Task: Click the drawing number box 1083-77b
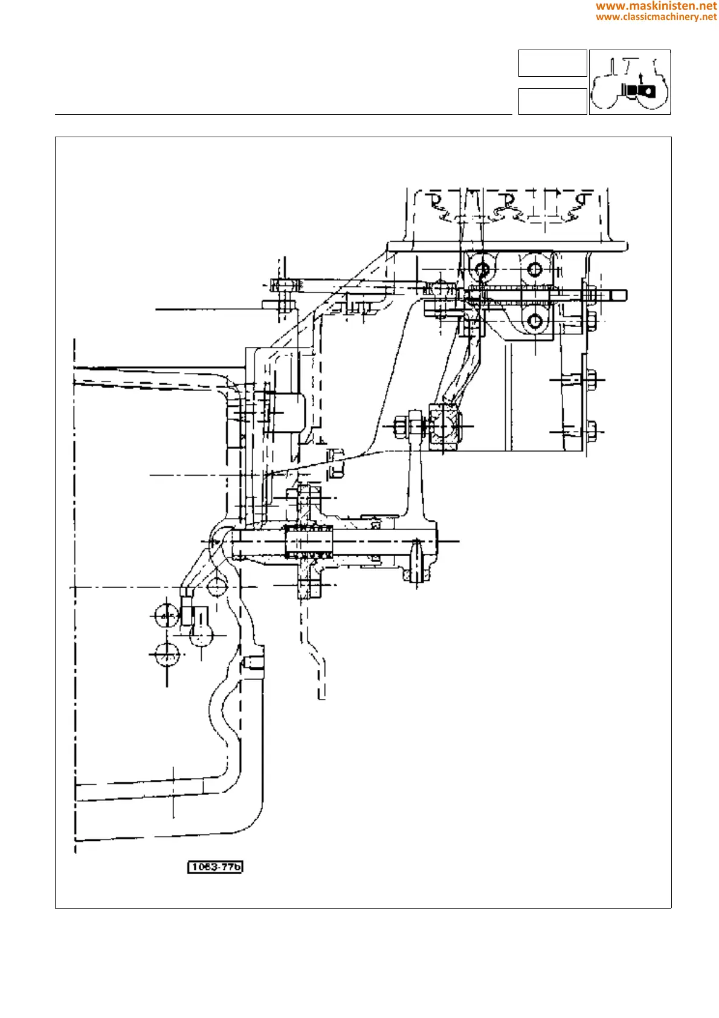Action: [215, 867]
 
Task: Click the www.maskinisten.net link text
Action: [656, 6]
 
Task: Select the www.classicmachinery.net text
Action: [656, 17]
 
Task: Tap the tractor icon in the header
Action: [630, 82]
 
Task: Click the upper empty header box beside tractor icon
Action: [552, 63]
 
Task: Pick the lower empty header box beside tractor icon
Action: [552, 101]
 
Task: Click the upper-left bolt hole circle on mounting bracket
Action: [482, 268]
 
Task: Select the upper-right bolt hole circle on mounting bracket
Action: [535, 268]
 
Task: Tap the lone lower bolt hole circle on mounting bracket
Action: [535, 320]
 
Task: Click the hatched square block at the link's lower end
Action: [445, 427]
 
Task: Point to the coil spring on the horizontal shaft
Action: [309, 542]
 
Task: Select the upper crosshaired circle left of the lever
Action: [166, 615]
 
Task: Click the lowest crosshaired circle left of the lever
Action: [166, 655]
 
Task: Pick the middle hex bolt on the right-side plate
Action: [591, 380]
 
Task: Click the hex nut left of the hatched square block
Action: [401, 427]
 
